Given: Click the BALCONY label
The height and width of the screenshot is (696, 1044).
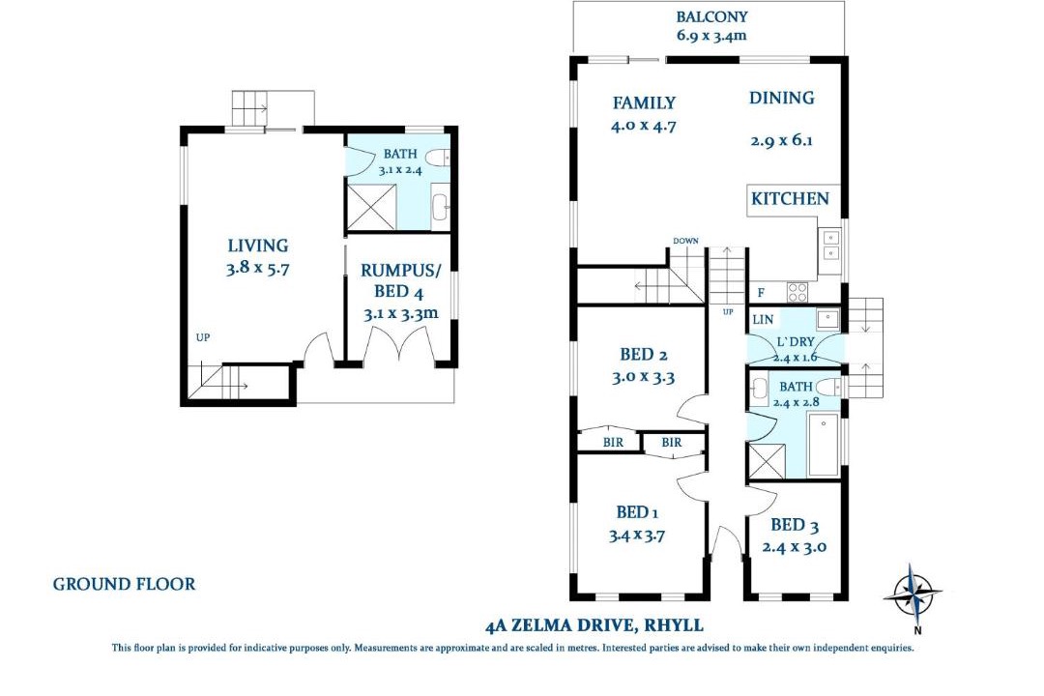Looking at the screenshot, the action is pyautogui.click(x=711, y=16).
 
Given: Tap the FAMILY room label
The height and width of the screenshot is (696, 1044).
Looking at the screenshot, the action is pyautogui.click(x=644, y=103).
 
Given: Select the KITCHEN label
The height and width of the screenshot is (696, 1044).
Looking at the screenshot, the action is pyautogui.click(x=791, y=198).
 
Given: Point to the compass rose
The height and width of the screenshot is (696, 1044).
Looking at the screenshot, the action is pyautogui.click(x=913, y=593).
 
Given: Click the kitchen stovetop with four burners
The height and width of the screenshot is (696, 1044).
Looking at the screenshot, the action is pyautogui.click(x=797, y=292).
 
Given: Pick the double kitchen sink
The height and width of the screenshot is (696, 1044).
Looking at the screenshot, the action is pyautogui.click(x=830, y=245).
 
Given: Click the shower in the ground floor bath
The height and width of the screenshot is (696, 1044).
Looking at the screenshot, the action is pyautogui.click(x=371, y=207).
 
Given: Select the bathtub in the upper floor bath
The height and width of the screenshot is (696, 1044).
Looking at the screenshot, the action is pyautogui.click(x=823, y=445).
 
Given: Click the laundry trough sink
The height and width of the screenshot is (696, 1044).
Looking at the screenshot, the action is pyautogui.click(x=828, y=319).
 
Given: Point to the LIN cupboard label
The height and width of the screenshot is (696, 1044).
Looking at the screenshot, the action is pyautogui.click(x=763, y=320).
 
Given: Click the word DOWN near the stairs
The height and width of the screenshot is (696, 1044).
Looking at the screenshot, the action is pyautogui.click(x=685, y=241).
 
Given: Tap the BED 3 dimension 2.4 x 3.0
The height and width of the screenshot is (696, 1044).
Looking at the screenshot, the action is pyautogui.click(x=795, y=547).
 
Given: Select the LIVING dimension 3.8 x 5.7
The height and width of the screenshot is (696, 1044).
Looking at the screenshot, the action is pyautogui.click(x=258, y=269).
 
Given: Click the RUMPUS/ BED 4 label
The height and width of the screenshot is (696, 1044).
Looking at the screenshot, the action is pyautogui.click(x=400, y=281).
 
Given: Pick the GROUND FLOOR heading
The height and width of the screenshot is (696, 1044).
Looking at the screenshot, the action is pyautogui.click(x=125, y=584).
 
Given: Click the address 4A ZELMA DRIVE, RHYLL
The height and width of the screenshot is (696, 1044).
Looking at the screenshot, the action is pyautogui.click(x=594, y=625).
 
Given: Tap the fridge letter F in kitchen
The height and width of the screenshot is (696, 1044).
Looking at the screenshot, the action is pyautogui.click(x=761, y=293).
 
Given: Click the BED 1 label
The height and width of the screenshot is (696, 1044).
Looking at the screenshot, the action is pyautogui.click(x=637, y=512).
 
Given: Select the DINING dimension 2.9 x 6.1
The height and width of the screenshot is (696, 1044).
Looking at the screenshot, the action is pyautogui.click(x=782, y=140).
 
